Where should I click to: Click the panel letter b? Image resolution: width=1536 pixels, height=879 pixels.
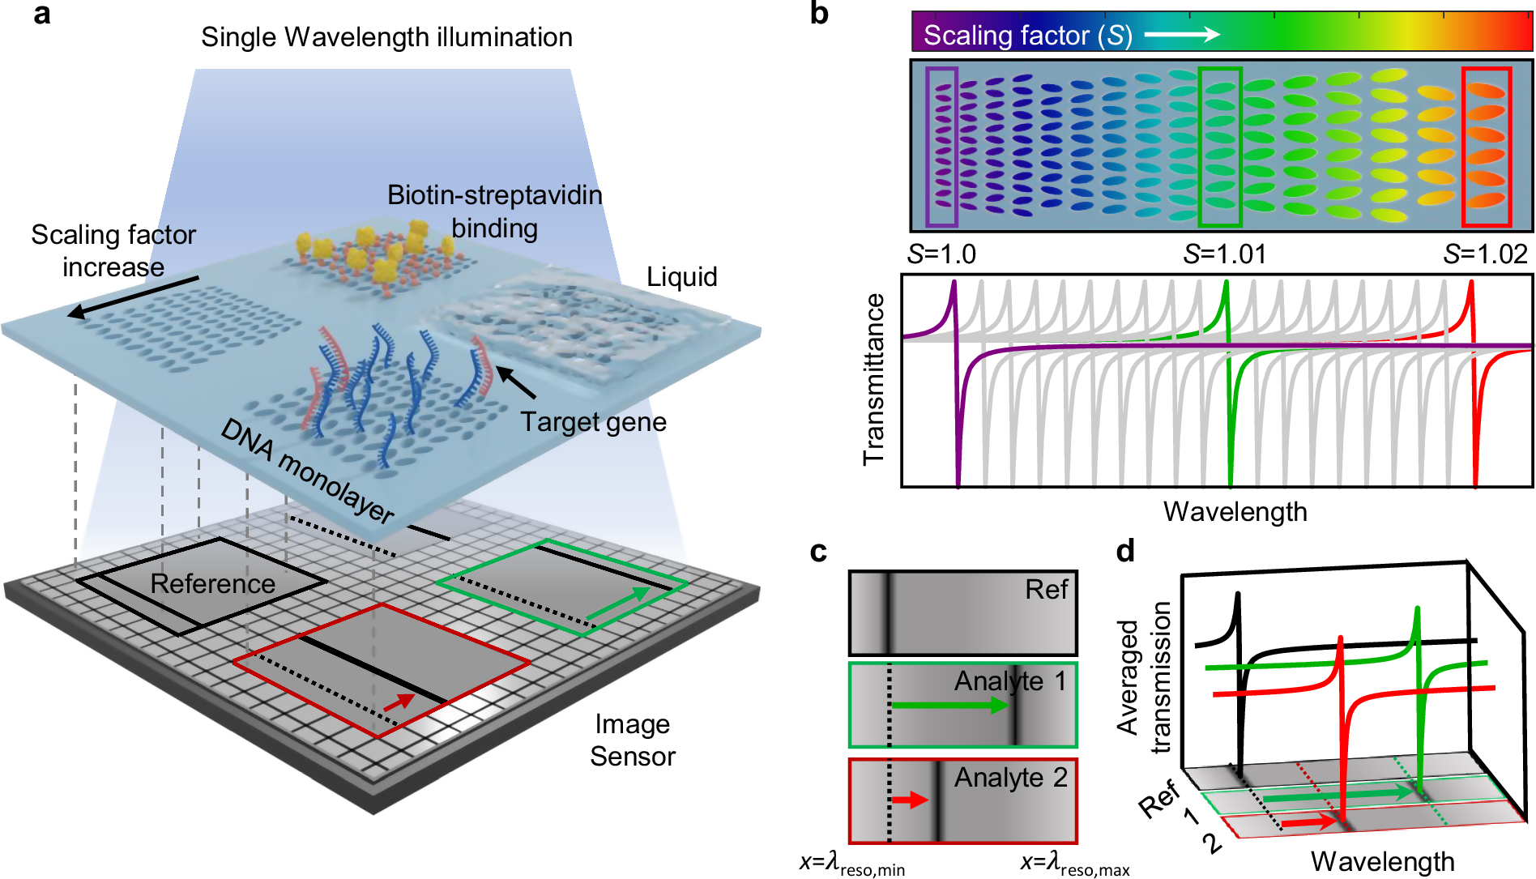pos(819,14)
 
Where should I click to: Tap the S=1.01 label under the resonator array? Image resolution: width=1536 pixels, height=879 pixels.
pos(1224,254)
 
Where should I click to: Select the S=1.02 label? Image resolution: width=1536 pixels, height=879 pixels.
pos(1485,254)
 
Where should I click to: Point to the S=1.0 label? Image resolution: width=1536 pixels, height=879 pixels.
pos(941,254)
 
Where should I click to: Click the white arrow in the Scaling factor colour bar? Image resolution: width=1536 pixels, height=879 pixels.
pos(1182,34)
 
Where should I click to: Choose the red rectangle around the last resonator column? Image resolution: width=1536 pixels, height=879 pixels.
pos(1464,147)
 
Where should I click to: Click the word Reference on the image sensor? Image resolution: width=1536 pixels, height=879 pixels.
pos(213,583)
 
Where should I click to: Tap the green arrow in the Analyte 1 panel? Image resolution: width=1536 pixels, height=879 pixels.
pos(949,706)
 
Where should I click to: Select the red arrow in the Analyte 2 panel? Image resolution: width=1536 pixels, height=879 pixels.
pos(910,800)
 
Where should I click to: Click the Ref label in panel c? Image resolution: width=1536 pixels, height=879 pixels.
pos(1047,589)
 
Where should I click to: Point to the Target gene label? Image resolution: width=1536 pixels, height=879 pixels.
pos(593,422)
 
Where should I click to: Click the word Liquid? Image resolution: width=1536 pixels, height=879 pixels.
pos(682,277)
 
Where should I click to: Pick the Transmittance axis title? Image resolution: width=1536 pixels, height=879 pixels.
pos(873,379)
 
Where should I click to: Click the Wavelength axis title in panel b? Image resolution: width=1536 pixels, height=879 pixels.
pos(1235,512)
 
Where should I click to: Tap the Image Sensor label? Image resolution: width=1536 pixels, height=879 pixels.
pos(633,740)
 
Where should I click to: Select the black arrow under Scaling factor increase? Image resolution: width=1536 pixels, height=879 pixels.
pos(133,297)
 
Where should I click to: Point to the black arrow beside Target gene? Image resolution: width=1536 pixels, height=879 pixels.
pos(515,382)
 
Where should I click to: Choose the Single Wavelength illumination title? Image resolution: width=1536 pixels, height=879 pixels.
pos(386,37)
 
